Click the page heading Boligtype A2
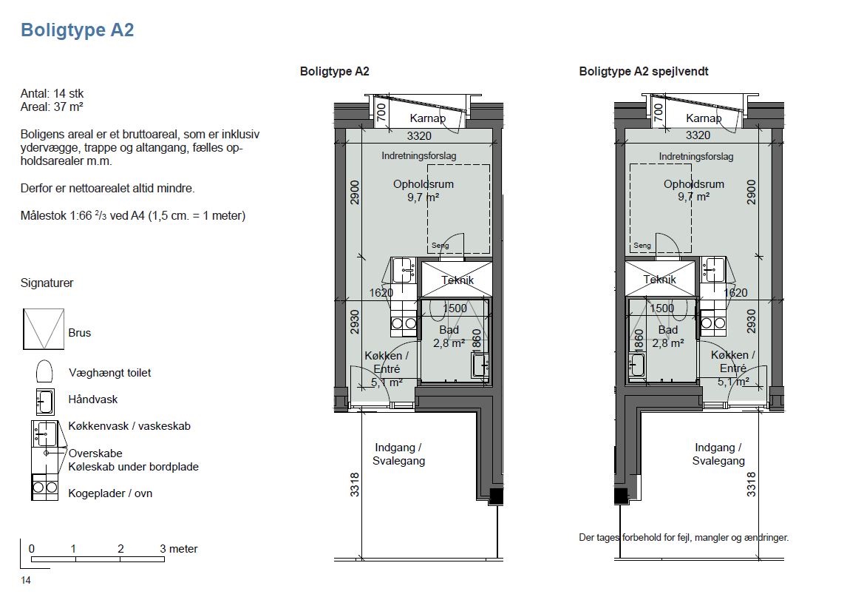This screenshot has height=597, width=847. [x=78, y=30]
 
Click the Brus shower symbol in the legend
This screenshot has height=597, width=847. [x=44, y=328]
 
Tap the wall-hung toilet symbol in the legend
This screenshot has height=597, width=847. [x=44, y=372]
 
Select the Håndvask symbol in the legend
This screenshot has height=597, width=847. [x=45, y=402]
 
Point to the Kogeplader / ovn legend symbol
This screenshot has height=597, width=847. [x=45, y=487]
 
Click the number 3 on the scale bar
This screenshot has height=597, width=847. [x=163, y=548]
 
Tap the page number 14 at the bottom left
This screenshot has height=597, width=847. [x=25, y=580]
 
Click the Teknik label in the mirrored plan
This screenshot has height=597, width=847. [x=659, y=279]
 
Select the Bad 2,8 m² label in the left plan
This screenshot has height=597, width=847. [x=449, y=337]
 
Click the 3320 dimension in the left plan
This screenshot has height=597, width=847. [x=419, y=135]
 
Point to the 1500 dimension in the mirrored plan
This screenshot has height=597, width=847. [x=661, y=308]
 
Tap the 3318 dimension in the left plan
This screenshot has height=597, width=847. [x=354, y=485]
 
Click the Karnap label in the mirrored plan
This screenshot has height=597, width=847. [x=704, y=118]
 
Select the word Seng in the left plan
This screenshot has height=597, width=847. [x=440, y=246]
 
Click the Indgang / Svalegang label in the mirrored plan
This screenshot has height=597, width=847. [x=718, y=454]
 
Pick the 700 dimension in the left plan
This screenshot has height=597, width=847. [x=381, y=112]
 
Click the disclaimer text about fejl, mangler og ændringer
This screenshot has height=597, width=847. [x=684, y=538]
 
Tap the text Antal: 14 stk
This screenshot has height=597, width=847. [x=52, y=93]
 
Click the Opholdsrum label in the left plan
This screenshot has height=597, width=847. [x=423, y=184]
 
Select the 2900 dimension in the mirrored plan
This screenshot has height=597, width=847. [x=751, y=192]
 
